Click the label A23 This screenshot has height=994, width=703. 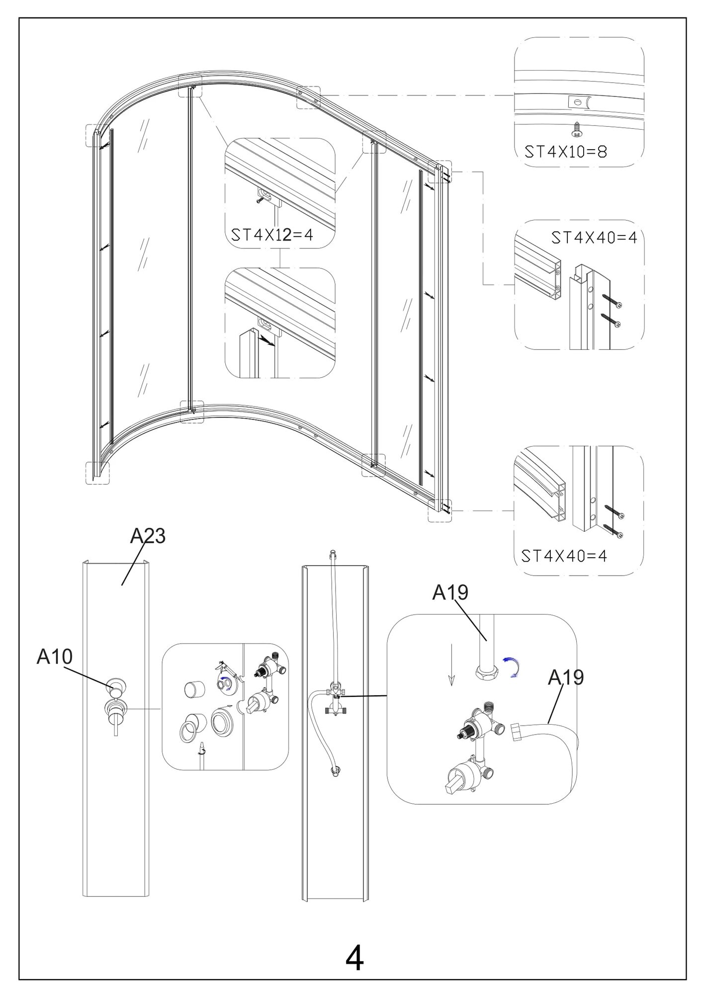click(x=148, y=536)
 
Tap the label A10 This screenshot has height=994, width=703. click(x=55, y=657)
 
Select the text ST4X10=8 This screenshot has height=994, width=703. click(x=566, y=151)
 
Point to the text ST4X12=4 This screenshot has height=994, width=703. click(x=272, y=235)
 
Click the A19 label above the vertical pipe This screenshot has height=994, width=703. click(x=450, y=592)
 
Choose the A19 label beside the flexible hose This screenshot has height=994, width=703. click(x=566, y=677)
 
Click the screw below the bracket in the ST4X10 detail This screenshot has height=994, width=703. click(x=577, y=130)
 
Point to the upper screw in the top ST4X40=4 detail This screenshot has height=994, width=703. click(x=612, y=301)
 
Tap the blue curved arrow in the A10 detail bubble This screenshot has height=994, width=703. click(x=225, y=682)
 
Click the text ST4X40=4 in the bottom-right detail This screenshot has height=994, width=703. click(x=564, y=555)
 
